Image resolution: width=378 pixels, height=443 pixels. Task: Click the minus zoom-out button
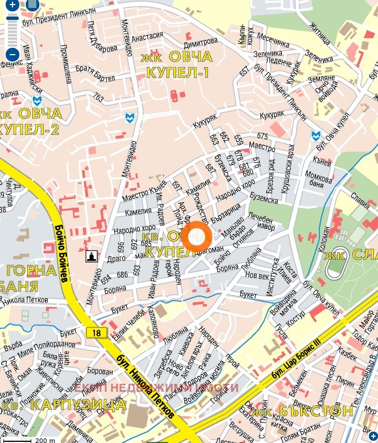tap(13, 55)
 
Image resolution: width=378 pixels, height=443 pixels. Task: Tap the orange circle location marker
tap(197, 237)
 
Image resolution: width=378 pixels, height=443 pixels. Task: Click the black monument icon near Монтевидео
tap(91, 257)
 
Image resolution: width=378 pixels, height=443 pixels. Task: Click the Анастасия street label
tap(148, 35)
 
